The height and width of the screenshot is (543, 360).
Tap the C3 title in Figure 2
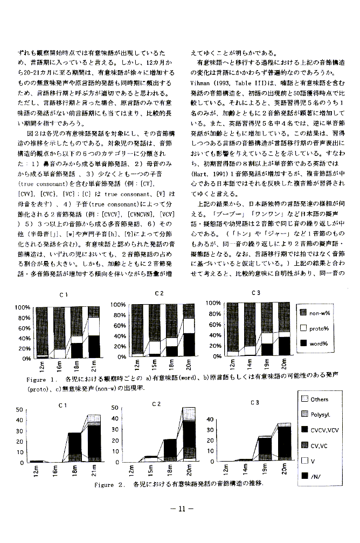point(255,402)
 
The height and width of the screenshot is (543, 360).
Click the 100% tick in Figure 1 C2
point(119,305)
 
